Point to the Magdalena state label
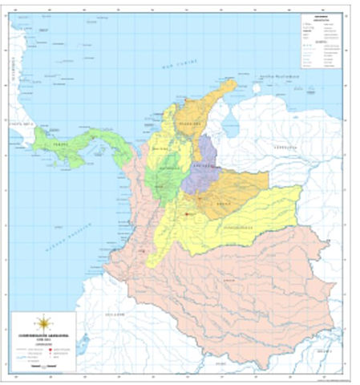pos(189,125)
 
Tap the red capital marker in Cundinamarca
pos(186,214)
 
